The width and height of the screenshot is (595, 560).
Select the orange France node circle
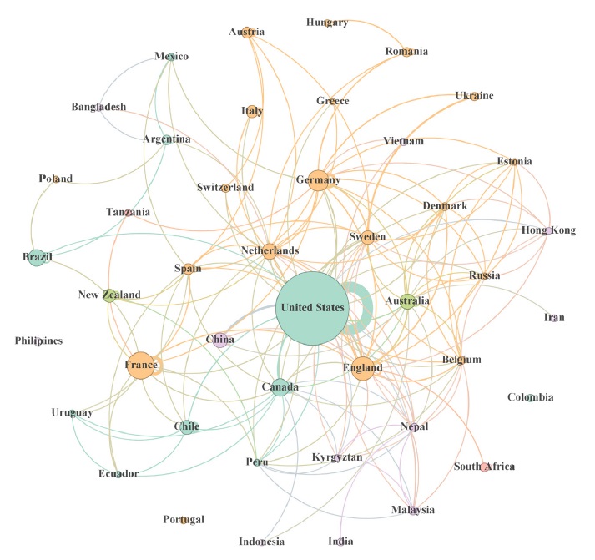[141, 366]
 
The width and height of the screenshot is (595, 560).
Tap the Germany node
[318, 180]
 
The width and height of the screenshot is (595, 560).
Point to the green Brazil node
[38, 257]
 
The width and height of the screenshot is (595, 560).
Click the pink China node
[220, 340]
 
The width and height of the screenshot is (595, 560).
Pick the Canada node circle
[280, 388]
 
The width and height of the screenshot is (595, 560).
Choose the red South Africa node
[485, 467]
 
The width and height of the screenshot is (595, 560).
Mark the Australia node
[407, 301]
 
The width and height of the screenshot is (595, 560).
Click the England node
[362, 368]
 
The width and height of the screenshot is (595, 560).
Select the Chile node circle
[188, 426]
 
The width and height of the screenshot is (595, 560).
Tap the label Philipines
[38, 341]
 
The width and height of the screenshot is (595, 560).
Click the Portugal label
[184, 520]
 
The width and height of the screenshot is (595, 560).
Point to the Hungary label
[327, 23]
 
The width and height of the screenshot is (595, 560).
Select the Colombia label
[530, 398]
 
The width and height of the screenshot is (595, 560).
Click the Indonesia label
[261, 542]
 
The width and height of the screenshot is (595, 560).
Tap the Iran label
[554, 318]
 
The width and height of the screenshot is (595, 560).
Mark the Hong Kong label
[548, 230]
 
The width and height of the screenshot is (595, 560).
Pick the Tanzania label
[129, 213]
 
